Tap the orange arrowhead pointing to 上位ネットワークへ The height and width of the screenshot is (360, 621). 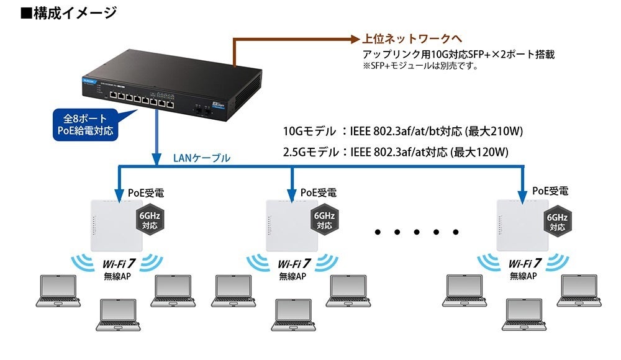click(352, 39)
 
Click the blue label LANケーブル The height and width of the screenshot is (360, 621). click(201, 158)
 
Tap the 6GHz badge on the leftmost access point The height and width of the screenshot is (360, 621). click(149, 220)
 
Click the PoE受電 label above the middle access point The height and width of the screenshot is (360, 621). click(319, 192)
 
